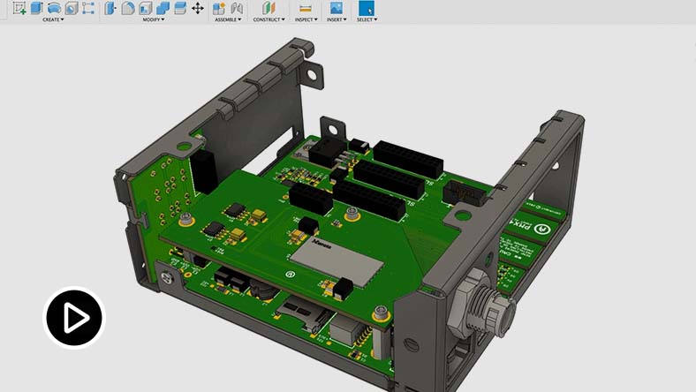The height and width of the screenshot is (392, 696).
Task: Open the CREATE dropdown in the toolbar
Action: pos(53,19)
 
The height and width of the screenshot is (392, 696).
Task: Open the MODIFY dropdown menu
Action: pos(155,19)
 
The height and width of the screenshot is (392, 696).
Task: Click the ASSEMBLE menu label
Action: pos(227,19)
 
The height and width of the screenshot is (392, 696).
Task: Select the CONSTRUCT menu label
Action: pos(269,19)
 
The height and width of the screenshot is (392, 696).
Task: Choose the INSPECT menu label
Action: pos(306,19)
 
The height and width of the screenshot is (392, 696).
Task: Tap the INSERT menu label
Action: pos(336,19)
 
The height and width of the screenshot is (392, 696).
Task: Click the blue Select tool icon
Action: pos(366,8)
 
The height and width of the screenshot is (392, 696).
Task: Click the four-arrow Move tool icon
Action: pos(197,8)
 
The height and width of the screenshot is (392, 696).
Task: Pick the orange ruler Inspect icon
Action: pos(306,8)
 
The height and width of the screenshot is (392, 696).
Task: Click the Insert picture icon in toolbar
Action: pos(336,8)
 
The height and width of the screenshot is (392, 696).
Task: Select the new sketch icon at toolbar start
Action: pos(19,8)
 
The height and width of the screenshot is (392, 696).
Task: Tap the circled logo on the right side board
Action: pos(546,228)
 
